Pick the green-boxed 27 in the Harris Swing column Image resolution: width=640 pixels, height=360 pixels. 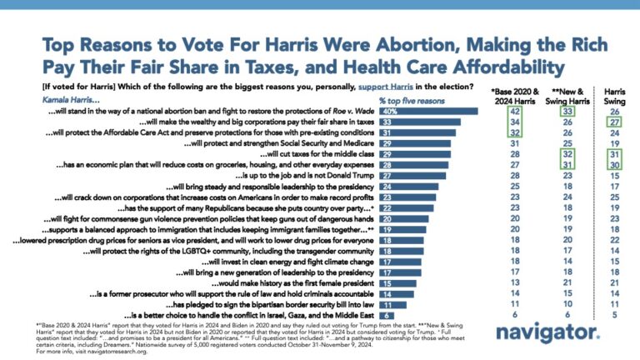[614, 122]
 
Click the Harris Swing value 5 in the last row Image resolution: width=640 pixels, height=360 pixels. [614, 317]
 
